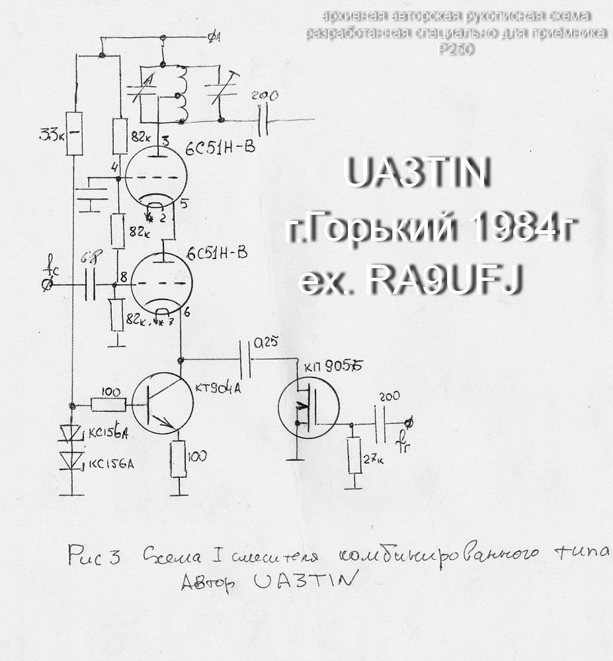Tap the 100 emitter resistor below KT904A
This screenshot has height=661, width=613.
(x=179, y=457)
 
